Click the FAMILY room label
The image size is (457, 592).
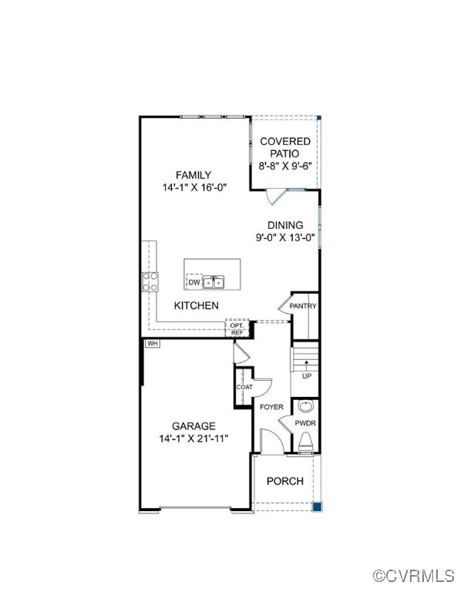(193, 175)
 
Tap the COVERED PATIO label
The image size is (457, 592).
(285, 147)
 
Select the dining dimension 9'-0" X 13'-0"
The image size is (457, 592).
(285, 238)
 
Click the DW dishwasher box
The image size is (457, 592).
(194, 282)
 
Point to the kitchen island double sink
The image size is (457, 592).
(213, 282)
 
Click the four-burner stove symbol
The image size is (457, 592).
(150, 281)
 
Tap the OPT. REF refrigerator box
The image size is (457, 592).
(237, 328)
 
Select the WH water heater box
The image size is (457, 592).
(152, 344)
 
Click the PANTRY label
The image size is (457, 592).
(303, 306)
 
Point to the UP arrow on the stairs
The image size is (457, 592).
(307, 365)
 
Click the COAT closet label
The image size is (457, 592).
(244, 388)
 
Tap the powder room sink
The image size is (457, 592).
(306, 407)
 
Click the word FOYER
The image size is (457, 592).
(271, 407)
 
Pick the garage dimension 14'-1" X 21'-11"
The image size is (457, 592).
(193, 439)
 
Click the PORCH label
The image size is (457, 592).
(285, 481)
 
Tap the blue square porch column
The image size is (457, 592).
(318, 506)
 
